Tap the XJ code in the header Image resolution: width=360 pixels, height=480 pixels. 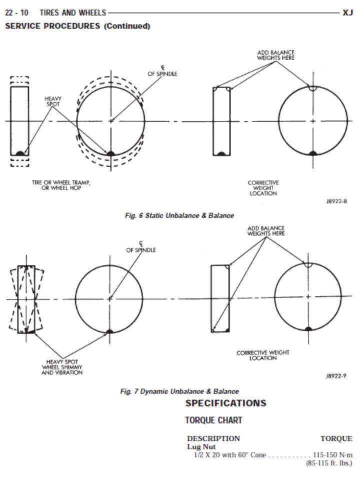pos(348,12)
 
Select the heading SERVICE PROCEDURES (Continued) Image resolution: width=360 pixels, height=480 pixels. pos(77,26)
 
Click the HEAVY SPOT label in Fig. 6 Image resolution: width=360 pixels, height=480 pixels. pos(52,101)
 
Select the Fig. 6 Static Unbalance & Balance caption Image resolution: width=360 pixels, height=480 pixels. pos(179,215)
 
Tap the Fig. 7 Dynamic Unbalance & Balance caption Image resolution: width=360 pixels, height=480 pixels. pos(179,391)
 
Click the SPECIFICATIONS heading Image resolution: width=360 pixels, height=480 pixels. pos(225,403)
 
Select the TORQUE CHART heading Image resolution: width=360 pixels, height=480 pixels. pos(213,420)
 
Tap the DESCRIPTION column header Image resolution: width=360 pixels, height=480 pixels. pos(213,438)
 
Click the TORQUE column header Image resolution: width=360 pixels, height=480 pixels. pos(336,438)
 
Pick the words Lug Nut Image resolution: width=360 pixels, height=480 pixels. pos(200,446)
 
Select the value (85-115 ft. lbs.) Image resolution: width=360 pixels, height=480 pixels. pos(328,463)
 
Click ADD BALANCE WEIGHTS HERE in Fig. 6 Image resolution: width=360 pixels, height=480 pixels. pos(275,55)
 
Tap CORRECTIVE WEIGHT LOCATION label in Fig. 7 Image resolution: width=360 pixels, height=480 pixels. pos(263,355)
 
